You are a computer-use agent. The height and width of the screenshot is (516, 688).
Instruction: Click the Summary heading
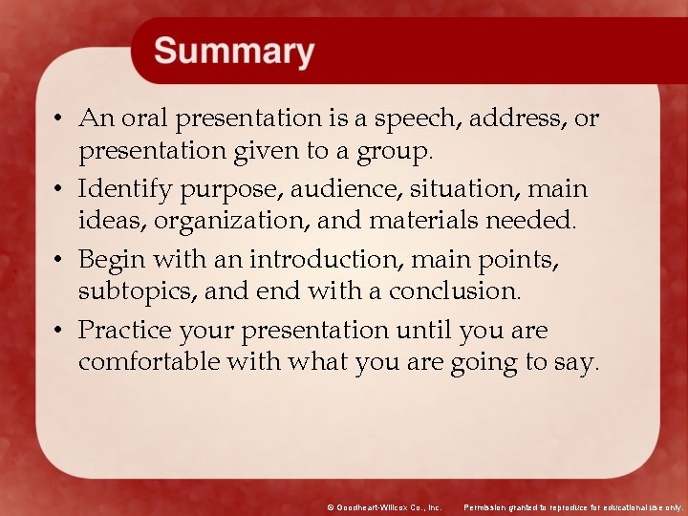[x=234, y=51]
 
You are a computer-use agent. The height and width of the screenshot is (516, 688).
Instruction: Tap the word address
[x=521, y=118]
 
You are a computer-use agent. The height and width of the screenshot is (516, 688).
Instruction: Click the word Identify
[x=120, y=188]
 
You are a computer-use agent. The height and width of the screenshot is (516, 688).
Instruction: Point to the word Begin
[x=108, y=259]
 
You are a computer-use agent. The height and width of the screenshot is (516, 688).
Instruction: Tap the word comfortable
[x=148, y=363]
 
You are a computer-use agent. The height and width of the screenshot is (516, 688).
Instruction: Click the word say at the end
[x=577, y=363]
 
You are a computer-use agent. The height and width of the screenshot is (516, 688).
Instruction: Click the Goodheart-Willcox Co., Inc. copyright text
[x=383, y=507]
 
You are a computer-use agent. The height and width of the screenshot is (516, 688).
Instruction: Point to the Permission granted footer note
[x=572, y=507]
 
